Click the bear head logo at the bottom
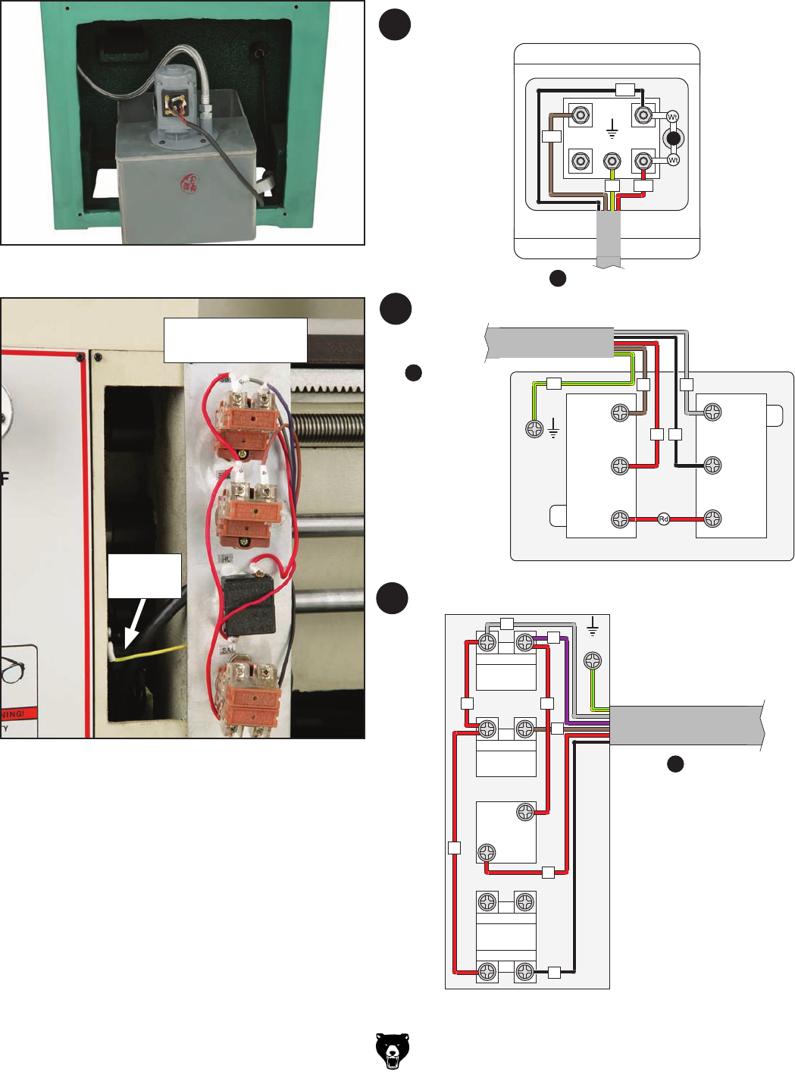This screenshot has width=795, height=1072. [393, 1051]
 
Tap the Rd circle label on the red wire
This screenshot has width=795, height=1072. [664, 519]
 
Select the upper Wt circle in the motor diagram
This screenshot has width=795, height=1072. [672, 117]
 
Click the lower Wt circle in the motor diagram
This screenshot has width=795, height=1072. [673, 160]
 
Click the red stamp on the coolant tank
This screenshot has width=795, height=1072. [188, 183]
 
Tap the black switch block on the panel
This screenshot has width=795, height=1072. [249, 604]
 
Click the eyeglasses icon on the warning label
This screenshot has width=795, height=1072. [16, 670]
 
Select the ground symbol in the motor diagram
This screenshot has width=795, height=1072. [612, 130]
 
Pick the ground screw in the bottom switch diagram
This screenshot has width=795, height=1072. [593, 661]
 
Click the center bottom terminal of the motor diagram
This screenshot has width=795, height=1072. [612, 161]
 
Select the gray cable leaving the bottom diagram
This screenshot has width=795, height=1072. [686, 726]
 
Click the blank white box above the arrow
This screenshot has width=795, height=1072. [144, 575]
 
